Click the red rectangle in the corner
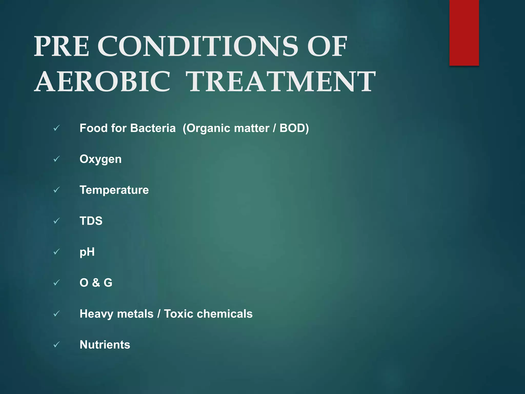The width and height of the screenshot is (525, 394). pyautogui.click(x=464, y=33)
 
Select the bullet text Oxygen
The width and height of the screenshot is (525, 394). pyautogui.click(x=100, y=159)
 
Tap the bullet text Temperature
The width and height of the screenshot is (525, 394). pyautogui.click(x=114, y=190)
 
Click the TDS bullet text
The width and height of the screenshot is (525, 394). pyautogui.click(x=91, y=221)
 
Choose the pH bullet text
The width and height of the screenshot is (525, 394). pyautogui.click(x=87, y=252)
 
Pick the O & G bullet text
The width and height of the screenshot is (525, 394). pyautogui.click(x=96, y=283)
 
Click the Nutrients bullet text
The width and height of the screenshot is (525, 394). pyautogui.click(x=105, y=344)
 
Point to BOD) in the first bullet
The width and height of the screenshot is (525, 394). pyautogui.click(x=294, y=128)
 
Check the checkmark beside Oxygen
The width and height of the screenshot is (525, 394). pyautogui.click(x=57, y=159)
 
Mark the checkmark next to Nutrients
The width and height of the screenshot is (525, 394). pyautogui.click(x=57, y=344)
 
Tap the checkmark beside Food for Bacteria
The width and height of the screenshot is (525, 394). pyautogui.click(x=57, y=128)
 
